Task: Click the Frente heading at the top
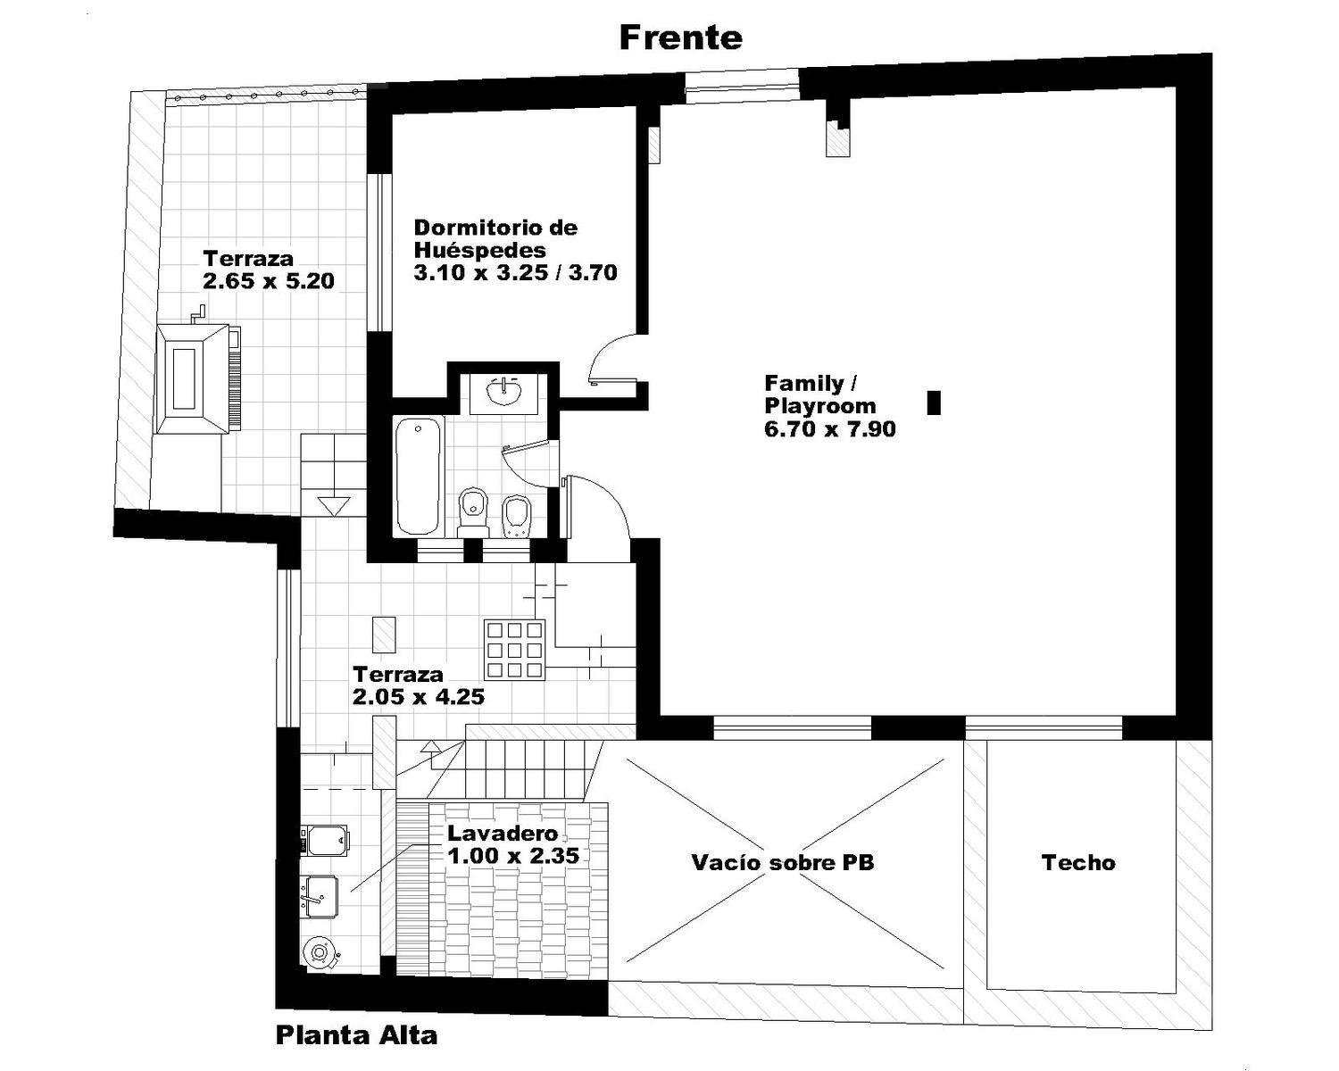click(680, 38)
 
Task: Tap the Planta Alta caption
click(356, 1035)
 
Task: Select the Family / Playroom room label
click(820, 394)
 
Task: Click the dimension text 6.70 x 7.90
click(830, 428)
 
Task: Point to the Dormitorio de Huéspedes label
click(496, 238)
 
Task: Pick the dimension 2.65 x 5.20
click(269, 280)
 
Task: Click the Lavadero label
click(503, 833)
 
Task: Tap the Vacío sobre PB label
click(783, 862)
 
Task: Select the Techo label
click(1078, 862)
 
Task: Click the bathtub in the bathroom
click(418, 476)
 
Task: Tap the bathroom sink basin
click(504, 393)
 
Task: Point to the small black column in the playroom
click(934, 402)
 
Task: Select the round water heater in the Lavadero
click(320, 953)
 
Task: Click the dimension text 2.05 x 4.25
click(419, 696)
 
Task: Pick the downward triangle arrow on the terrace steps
click(334, 506)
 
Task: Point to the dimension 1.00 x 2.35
click(514, 856)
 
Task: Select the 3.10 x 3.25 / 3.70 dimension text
click(516, 272)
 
